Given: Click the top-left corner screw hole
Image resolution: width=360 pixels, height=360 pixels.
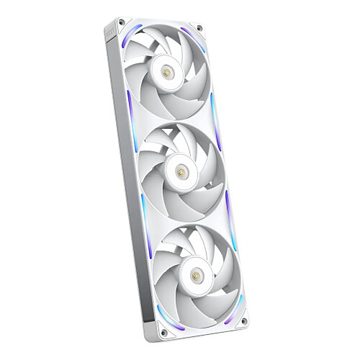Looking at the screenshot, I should (121, 22).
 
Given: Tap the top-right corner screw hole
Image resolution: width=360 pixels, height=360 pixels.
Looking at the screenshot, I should (199, 29).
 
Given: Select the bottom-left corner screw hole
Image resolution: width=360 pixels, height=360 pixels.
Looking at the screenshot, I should (164, 332).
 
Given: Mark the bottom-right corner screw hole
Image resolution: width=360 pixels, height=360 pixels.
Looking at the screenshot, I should (244, 321).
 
